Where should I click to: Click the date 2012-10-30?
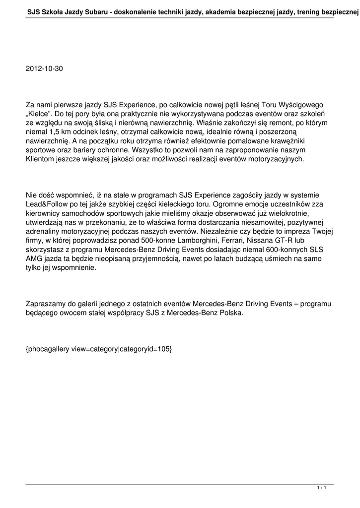coord(44,68)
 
